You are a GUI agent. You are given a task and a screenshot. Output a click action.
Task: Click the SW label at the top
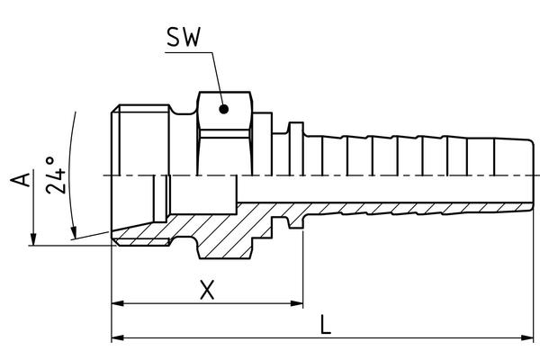[x=183, y=37]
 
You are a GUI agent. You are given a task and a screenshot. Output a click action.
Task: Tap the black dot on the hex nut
[x=224, y=109]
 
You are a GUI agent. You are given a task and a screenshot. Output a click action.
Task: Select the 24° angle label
[x=55, y=175]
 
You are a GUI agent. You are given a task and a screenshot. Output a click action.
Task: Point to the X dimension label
[x=207, y=290]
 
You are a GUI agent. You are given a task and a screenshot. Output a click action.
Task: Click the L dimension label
[x=326, y=325]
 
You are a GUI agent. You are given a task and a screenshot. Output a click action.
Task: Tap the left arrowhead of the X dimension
[x=118, y=303]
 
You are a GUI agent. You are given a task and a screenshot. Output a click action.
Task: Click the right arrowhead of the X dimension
[x=297, y=303]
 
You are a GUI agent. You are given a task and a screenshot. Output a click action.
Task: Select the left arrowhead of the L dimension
[x=118, y=338]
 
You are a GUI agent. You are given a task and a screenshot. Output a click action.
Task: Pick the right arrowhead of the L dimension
[x=527, y=338]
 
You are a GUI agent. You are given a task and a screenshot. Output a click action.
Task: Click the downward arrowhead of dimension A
[x=33, y=239]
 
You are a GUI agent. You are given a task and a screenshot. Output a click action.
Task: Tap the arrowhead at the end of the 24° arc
[x=74, y=232]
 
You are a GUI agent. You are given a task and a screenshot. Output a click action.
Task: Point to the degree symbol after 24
[x=49, y=160]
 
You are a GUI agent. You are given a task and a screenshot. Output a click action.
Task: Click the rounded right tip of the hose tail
[x=531, y=175]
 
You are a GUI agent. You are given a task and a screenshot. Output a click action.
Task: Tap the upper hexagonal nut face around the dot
[x=225, y=111]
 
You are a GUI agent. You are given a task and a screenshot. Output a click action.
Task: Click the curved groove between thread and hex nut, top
[x=184, y=110]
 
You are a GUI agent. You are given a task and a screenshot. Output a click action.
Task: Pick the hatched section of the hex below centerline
[x=225, y=238]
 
